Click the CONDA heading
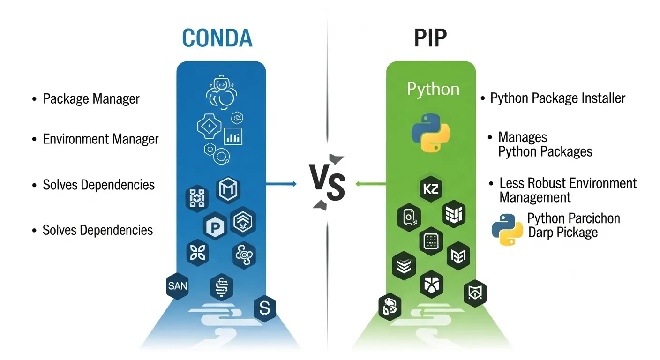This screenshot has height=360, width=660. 217,38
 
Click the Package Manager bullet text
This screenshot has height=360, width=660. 91,99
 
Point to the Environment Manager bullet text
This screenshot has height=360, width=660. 101,139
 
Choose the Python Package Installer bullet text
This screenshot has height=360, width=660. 558,98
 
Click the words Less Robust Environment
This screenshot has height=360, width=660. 568,183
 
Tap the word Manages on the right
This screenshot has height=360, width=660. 523,137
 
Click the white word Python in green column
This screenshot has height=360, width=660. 433,89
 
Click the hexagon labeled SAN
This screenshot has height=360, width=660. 178,285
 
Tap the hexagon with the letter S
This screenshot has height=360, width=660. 264,308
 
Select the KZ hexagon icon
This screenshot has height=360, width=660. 430,190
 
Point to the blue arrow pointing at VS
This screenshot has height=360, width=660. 281,184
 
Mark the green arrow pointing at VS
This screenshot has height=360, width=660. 370,184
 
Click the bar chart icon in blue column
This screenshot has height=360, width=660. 233,136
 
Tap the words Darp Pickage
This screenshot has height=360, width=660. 563,232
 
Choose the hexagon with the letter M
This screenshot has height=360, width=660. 228,189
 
